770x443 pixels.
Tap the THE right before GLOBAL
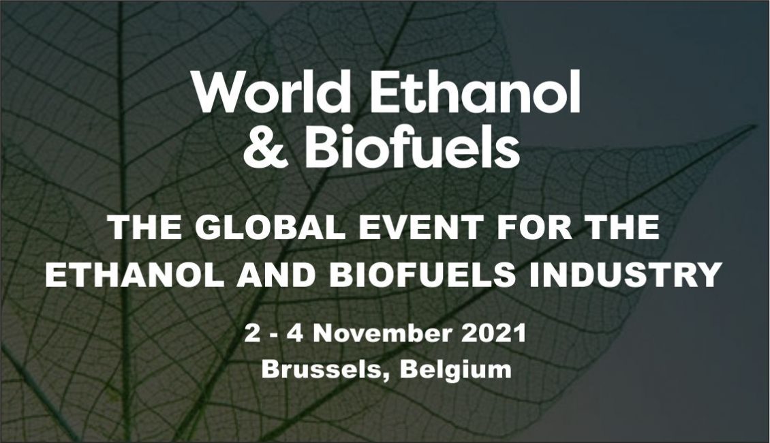145,228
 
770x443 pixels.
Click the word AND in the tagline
276,275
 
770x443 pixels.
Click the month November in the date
382,333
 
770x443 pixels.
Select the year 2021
494,333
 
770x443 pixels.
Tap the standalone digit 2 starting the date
251,333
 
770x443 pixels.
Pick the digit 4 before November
295,333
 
